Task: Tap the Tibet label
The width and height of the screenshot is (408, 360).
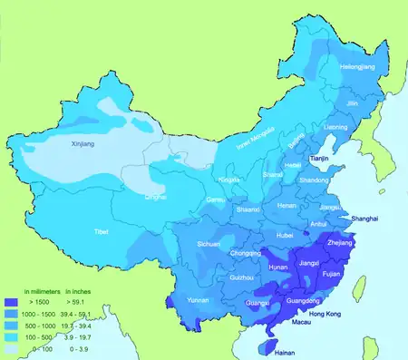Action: (102, 232)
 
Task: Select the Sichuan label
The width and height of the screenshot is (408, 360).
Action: (209, 244)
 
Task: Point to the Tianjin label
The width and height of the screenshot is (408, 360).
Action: (322, 159)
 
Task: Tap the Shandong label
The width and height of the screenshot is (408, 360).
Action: (314, 180)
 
